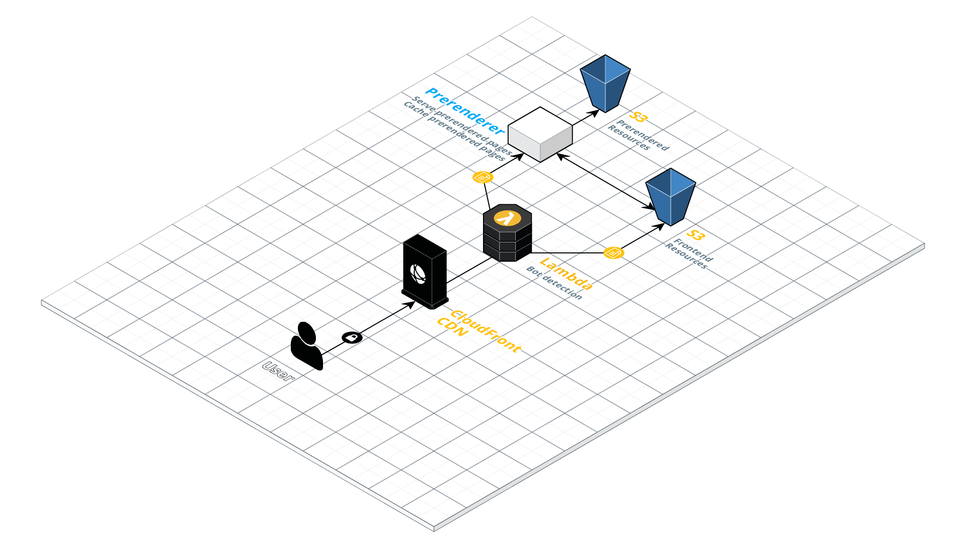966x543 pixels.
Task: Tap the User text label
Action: click(x=278, y=372)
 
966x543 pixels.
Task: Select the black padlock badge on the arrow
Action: click(x=352, y=337)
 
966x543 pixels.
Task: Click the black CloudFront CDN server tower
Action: click(x=425, y=271)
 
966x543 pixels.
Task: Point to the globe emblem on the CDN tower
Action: click(x=418, y=274)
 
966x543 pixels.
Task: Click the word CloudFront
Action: click(x=486, y=331)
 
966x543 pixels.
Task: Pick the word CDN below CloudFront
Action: click(x=452, y=329)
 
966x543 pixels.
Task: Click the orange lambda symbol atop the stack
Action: click(x=507, y=218)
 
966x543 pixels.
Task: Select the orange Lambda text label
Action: click(x=566, y=274)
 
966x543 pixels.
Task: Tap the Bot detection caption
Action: click(x=554, y=283)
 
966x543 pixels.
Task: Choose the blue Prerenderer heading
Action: click(x=464, y=111)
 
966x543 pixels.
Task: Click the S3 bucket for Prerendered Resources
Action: click(x=605, y=83)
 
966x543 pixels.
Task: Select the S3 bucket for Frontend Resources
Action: click(x=670, y=197)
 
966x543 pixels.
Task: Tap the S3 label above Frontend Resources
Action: click(x=695, y=235)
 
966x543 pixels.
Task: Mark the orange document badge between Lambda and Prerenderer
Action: click(x=483, y=177)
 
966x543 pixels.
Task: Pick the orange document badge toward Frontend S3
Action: click(x=613, y=252)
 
